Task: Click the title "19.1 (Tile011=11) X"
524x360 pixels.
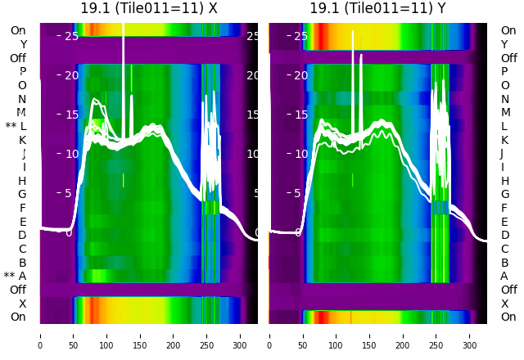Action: [148, 8]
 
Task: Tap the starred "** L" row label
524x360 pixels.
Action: [16, 126]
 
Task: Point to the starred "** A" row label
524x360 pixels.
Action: [16, 277]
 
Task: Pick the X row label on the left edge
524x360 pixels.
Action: [23, 304]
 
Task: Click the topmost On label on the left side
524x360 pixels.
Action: [18, 30]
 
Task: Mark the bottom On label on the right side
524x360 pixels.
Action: [508, 317]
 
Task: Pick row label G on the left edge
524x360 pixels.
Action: [22, 194]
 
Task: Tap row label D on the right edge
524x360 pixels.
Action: [504, 235]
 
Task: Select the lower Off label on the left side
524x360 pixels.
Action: [18, 290]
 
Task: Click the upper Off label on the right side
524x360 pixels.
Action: [508, 58]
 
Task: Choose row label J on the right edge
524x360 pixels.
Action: [502, 153]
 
